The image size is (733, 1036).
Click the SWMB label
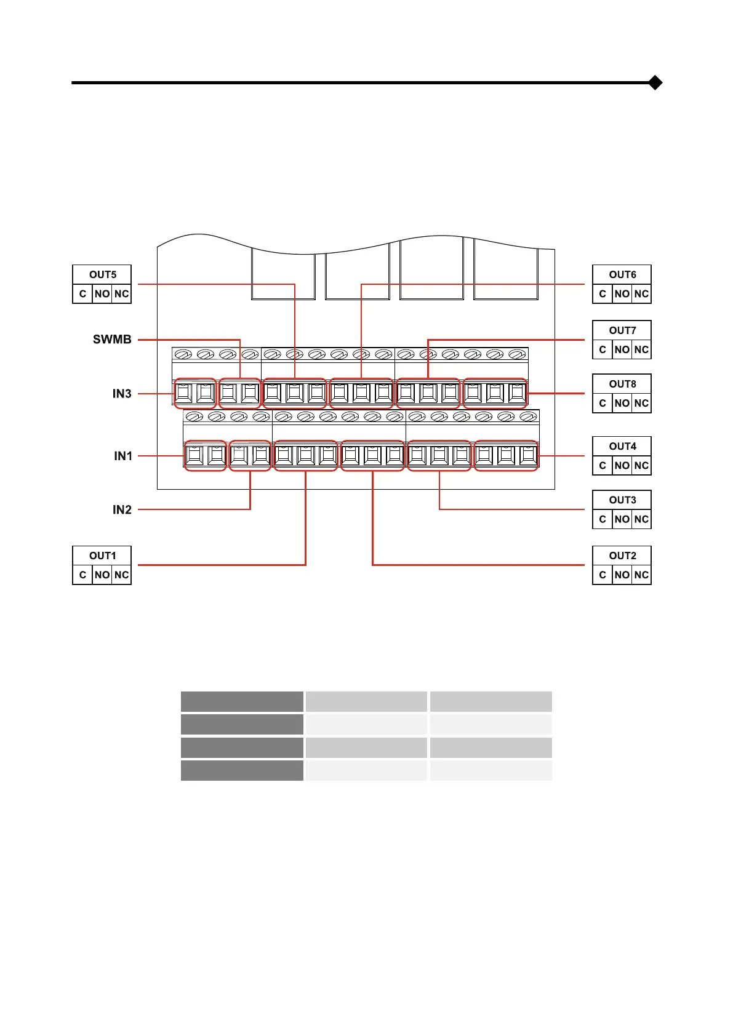(x=112, y=340)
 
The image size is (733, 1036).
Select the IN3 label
(x=122, y=394)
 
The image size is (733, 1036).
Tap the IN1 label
(x=123, y=456)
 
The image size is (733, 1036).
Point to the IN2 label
(x=122, y=509)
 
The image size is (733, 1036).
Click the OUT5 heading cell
(x=102, y=274)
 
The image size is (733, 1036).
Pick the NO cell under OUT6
(x=622, y=294)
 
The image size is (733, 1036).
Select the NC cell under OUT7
(x=641, y=349)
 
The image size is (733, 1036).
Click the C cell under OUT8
(x=603, y=404)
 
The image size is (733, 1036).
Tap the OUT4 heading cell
(x=622, y=446)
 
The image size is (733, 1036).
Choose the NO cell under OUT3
(x=622, y=519)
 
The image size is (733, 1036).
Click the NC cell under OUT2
(x=641, y=575)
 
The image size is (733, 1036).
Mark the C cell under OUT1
(x=82, y=575)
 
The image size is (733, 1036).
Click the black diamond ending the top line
(x=655, y=82)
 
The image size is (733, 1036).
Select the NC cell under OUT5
(x=122, y=294)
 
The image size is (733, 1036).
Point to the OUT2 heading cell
(x=622, y=556)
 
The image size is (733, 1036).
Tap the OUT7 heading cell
(x=622, y=330)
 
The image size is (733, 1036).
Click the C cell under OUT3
(x=603, y=519)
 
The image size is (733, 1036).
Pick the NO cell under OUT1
(x=102, y=575)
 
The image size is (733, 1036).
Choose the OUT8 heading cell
(x=622, y=384)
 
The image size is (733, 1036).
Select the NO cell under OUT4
(x=622, y=466)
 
